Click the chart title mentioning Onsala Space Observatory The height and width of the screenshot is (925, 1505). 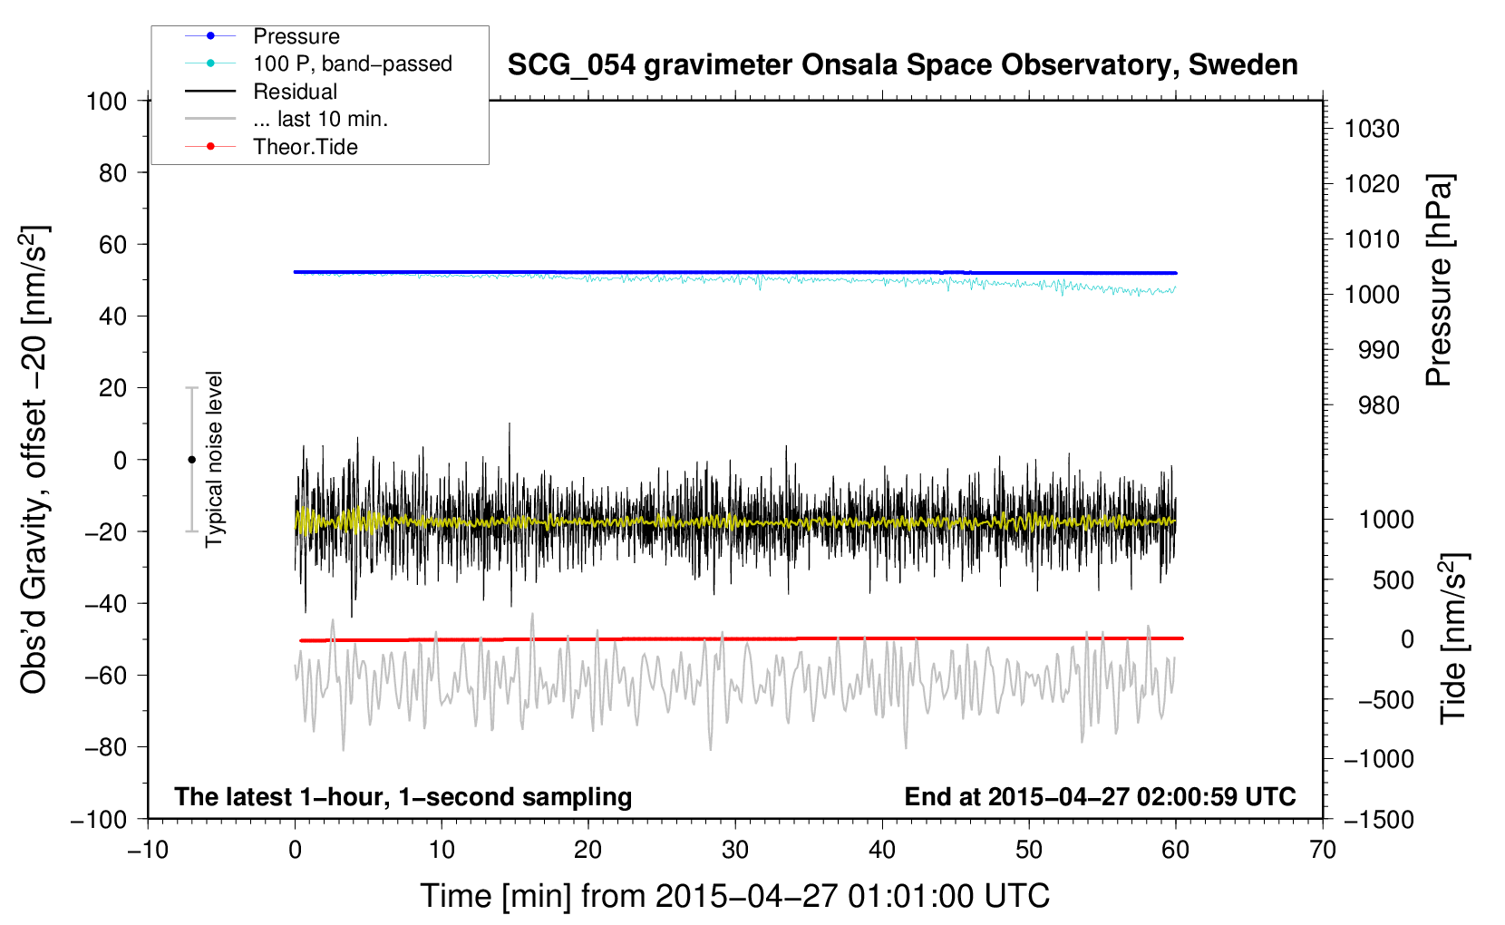[902, 65]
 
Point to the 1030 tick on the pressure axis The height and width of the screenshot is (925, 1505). [1372, 129]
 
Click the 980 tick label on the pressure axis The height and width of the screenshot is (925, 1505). [1379, 405]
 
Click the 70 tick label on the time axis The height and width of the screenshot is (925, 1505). [1322, 850]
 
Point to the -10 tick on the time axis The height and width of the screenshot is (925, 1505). [148, 850]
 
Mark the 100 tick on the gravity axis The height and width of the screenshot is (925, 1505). [106, 102]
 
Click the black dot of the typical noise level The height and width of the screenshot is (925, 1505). [191, 460]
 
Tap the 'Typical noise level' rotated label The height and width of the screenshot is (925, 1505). [213, 459]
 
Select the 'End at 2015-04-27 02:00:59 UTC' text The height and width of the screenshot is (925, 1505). [1100, 796]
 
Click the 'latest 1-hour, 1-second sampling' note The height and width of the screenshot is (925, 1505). [403, 796]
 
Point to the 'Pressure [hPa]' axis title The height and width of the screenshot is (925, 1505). [1439, 280]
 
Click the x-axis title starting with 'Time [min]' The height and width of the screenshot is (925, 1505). [734, 896]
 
